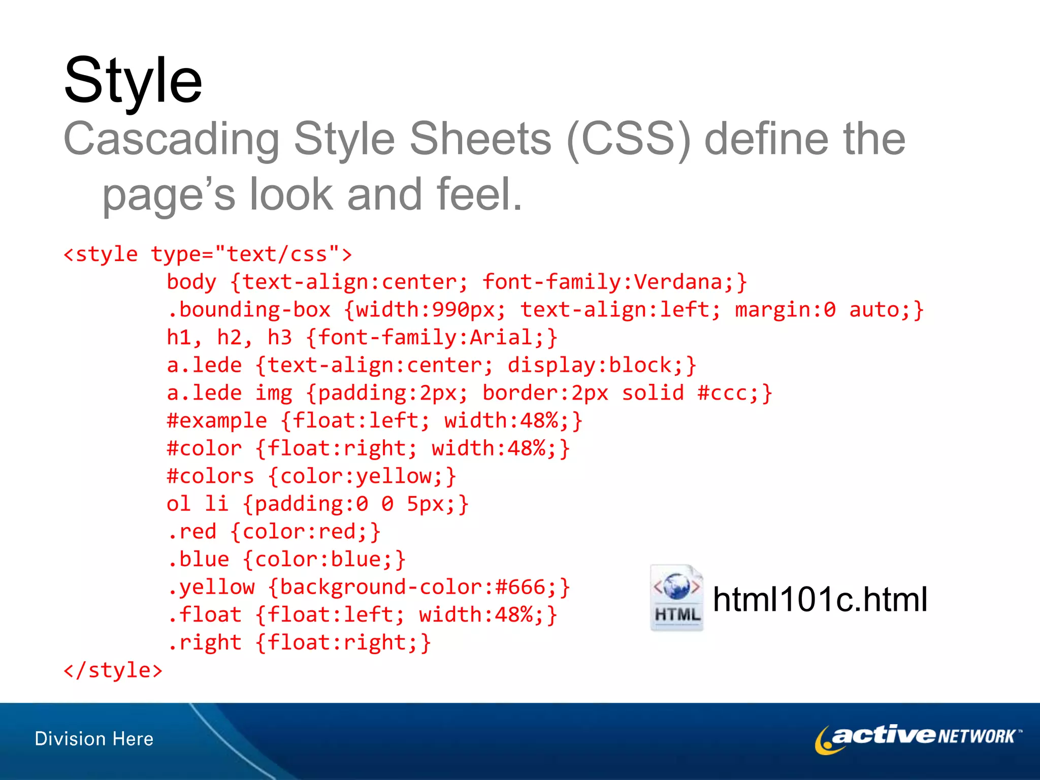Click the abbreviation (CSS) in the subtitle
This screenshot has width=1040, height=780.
click(x=629, y=139)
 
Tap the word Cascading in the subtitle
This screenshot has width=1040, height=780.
click(x=171, y=139)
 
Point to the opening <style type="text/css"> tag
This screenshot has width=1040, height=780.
click(x=207, y=254)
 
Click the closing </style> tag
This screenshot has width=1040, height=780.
click(x=113, y=670)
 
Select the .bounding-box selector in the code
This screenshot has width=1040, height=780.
click(x=249, y=310)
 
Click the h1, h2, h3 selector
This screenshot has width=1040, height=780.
click(x=229, y=338)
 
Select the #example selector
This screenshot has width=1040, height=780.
click(x=217, y=421)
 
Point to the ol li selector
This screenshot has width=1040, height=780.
click(x=198, y=504)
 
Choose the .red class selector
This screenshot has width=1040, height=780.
click(x=192, y=532)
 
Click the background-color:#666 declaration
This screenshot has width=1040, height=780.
click(x=419, y=588)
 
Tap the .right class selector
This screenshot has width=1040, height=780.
click(x=204, y=643)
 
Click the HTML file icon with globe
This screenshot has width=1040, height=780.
click(x=676, y=598)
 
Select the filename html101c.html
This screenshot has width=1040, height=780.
click(x=820, y=600)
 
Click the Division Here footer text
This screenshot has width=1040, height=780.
click(x=94, y=739)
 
